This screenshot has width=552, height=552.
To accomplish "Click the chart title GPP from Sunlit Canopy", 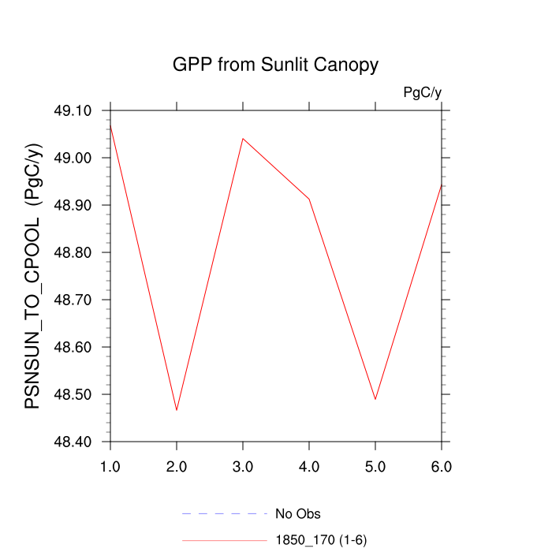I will [275, 65].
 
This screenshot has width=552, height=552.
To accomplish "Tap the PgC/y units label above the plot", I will [422, 92].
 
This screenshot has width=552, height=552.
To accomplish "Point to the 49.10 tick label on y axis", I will [72, 110].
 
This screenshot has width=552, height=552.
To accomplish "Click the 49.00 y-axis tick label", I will [72, 158].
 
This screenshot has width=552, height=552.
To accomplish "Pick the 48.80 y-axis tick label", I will [72, 252].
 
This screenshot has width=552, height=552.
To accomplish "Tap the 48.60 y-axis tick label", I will [72, 347].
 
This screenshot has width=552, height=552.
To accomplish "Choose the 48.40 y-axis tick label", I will [72, 442].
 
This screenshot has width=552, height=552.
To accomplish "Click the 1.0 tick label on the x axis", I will [110, 467].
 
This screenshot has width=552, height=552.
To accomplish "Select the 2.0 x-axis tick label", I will [177, 467].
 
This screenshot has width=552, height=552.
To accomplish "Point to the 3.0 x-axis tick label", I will [243, 467].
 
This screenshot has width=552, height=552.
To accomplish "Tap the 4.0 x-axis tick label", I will [309, 467].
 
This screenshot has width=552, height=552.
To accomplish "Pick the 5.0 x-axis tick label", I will [375, 467].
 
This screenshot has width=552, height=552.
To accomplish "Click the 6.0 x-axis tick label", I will [442, 467].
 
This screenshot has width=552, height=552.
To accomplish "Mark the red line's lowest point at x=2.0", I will [177, 410].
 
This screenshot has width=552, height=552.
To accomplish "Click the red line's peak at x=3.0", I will [243, 139].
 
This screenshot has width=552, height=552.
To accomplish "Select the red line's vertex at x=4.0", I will [309, 199].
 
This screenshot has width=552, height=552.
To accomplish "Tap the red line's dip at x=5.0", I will [375, 399].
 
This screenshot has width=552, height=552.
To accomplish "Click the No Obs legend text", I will [298, 514].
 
